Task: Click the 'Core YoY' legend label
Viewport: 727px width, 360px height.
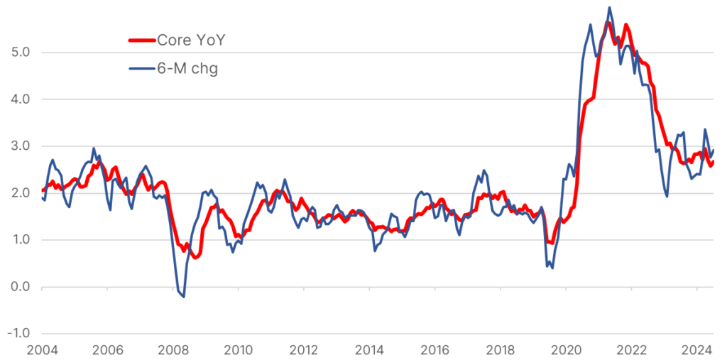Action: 191,40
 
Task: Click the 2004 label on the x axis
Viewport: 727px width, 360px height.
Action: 42,349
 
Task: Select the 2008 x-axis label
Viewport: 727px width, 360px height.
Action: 173,349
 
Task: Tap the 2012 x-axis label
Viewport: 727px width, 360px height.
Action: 304,349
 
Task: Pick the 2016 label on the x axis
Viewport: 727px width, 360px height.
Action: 434,349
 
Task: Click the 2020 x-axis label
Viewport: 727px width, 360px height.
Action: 566,349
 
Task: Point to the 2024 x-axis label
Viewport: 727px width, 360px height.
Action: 696,349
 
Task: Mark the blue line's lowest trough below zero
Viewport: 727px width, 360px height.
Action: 184,297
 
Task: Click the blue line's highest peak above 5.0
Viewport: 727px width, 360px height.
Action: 609,8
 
